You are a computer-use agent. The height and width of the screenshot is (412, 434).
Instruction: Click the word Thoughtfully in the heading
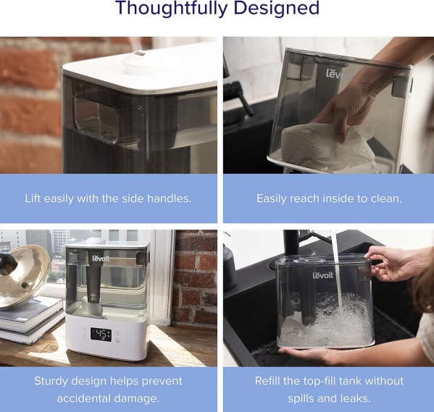171,9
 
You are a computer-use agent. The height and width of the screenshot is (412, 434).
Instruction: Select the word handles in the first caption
169,198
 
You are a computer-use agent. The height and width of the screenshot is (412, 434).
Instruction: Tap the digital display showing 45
101,335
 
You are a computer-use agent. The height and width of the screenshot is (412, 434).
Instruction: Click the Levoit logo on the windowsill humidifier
101,259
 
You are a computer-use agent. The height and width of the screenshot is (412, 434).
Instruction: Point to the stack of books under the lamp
31,321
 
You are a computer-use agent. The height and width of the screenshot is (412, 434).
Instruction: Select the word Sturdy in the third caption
51,382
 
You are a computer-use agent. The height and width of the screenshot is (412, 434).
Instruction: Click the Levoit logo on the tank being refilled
323,275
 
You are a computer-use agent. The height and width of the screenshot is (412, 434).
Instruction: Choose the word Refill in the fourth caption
267,381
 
